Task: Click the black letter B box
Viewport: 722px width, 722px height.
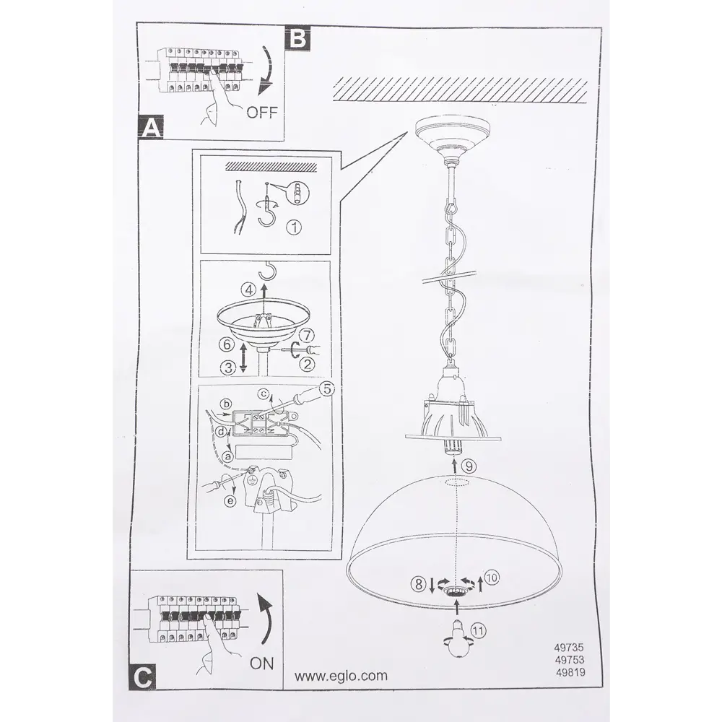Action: (298, 38)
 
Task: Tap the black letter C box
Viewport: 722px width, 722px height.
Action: (143, 677)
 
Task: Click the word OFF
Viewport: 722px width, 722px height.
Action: (262, 112)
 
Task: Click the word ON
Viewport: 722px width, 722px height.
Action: (261, 664)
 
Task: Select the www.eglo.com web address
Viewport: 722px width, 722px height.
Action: (341, 676)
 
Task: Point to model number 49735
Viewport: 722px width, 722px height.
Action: (569, 648)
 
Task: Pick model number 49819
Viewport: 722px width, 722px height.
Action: (570, 672)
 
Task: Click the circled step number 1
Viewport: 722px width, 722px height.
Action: (294, 227)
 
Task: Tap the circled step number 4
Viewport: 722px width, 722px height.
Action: (249, 290)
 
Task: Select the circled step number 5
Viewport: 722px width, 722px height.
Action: (326, 389)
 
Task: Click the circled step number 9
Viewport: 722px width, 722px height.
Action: (469, 466)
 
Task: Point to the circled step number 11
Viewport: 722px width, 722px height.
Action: (478, 630)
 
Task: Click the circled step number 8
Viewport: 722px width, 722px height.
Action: (418, 584)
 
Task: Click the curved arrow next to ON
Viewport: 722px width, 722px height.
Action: (265, 619)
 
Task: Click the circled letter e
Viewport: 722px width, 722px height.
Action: (230, 501)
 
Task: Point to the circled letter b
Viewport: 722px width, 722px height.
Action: (226, 404)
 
